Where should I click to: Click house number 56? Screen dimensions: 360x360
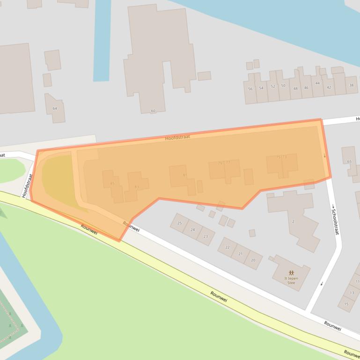click(x=250, y=89)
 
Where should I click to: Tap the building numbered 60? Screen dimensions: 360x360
click(x=153, y=111)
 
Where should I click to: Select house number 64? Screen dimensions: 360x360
click(x=55, y=108)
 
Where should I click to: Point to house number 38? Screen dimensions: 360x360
click(x=351, y=85)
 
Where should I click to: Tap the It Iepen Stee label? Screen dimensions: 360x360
click(x=291, y=281)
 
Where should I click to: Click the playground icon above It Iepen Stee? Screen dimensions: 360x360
click(x=291, y=272)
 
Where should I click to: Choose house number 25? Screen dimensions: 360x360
click(x=179, y=223)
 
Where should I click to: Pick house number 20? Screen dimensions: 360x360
click(x=253, y=260)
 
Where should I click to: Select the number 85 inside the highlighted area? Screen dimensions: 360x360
click(x=112, y=183)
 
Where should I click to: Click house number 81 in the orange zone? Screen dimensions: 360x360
click(x=185, y=175)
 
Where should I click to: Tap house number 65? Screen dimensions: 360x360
click(x=349, y=161)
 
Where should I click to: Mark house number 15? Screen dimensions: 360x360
click(x=346, y=304)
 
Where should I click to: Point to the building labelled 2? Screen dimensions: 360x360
click(x=293, y=221)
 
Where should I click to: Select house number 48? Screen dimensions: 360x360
click(x=295, y=88)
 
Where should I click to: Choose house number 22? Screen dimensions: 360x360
click(x=228, y=247)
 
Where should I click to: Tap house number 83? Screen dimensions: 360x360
click(x=136, y=187)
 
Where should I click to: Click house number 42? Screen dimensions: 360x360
click(x=329, y=87)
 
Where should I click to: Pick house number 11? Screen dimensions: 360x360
click(x=357, y=281)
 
